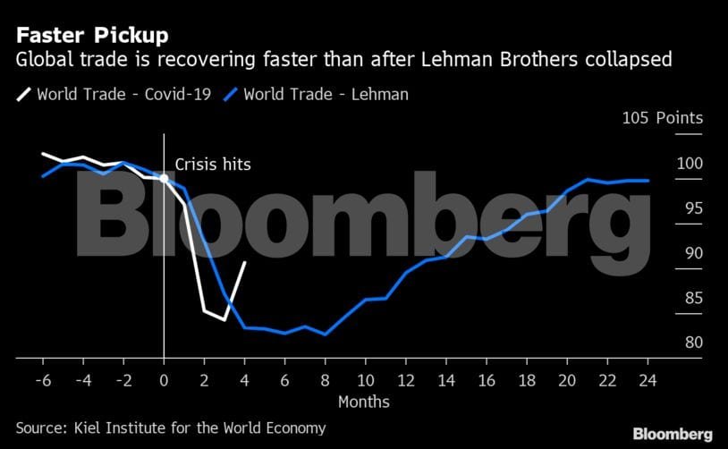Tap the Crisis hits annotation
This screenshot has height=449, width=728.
(x=213, y=165)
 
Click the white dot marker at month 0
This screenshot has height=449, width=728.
(x=164, y=178)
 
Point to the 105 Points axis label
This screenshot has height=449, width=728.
(x=663, y=118)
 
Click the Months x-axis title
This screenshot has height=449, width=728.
(x=363, y=402)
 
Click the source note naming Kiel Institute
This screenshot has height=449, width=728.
(x=171, y=428)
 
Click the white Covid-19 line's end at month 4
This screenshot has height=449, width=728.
(x=244, y=262)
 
